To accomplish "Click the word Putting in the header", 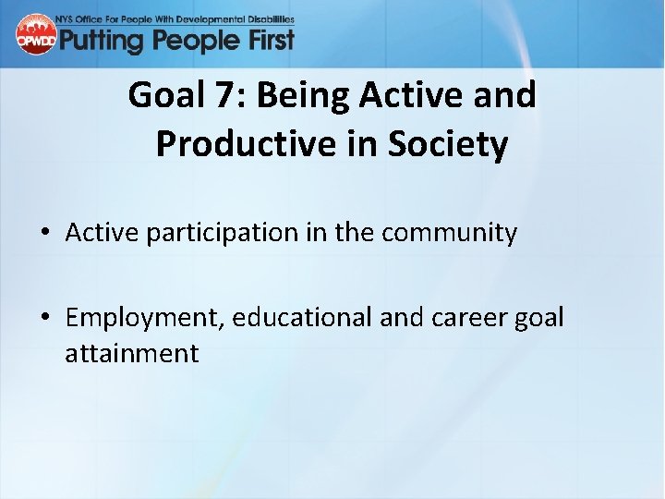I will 103,41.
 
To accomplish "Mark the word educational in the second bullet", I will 302,317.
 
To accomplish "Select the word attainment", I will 131,353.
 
